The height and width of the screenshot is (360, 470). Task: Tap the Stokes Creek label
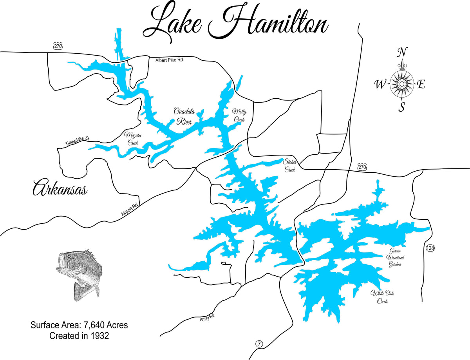coord(290,165)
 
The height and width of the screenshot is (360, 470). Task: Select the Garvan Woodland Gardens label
coord(394,257)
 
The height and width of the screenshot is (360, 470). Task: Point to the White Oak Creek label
coord(382,297)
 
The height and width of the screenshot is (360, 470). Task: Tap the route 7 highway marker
coord(259,344)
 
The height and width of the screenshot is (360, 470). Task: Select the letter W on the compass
coord(380,84)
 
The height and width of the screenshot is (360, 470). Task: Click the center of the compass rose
coord(402,83)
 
